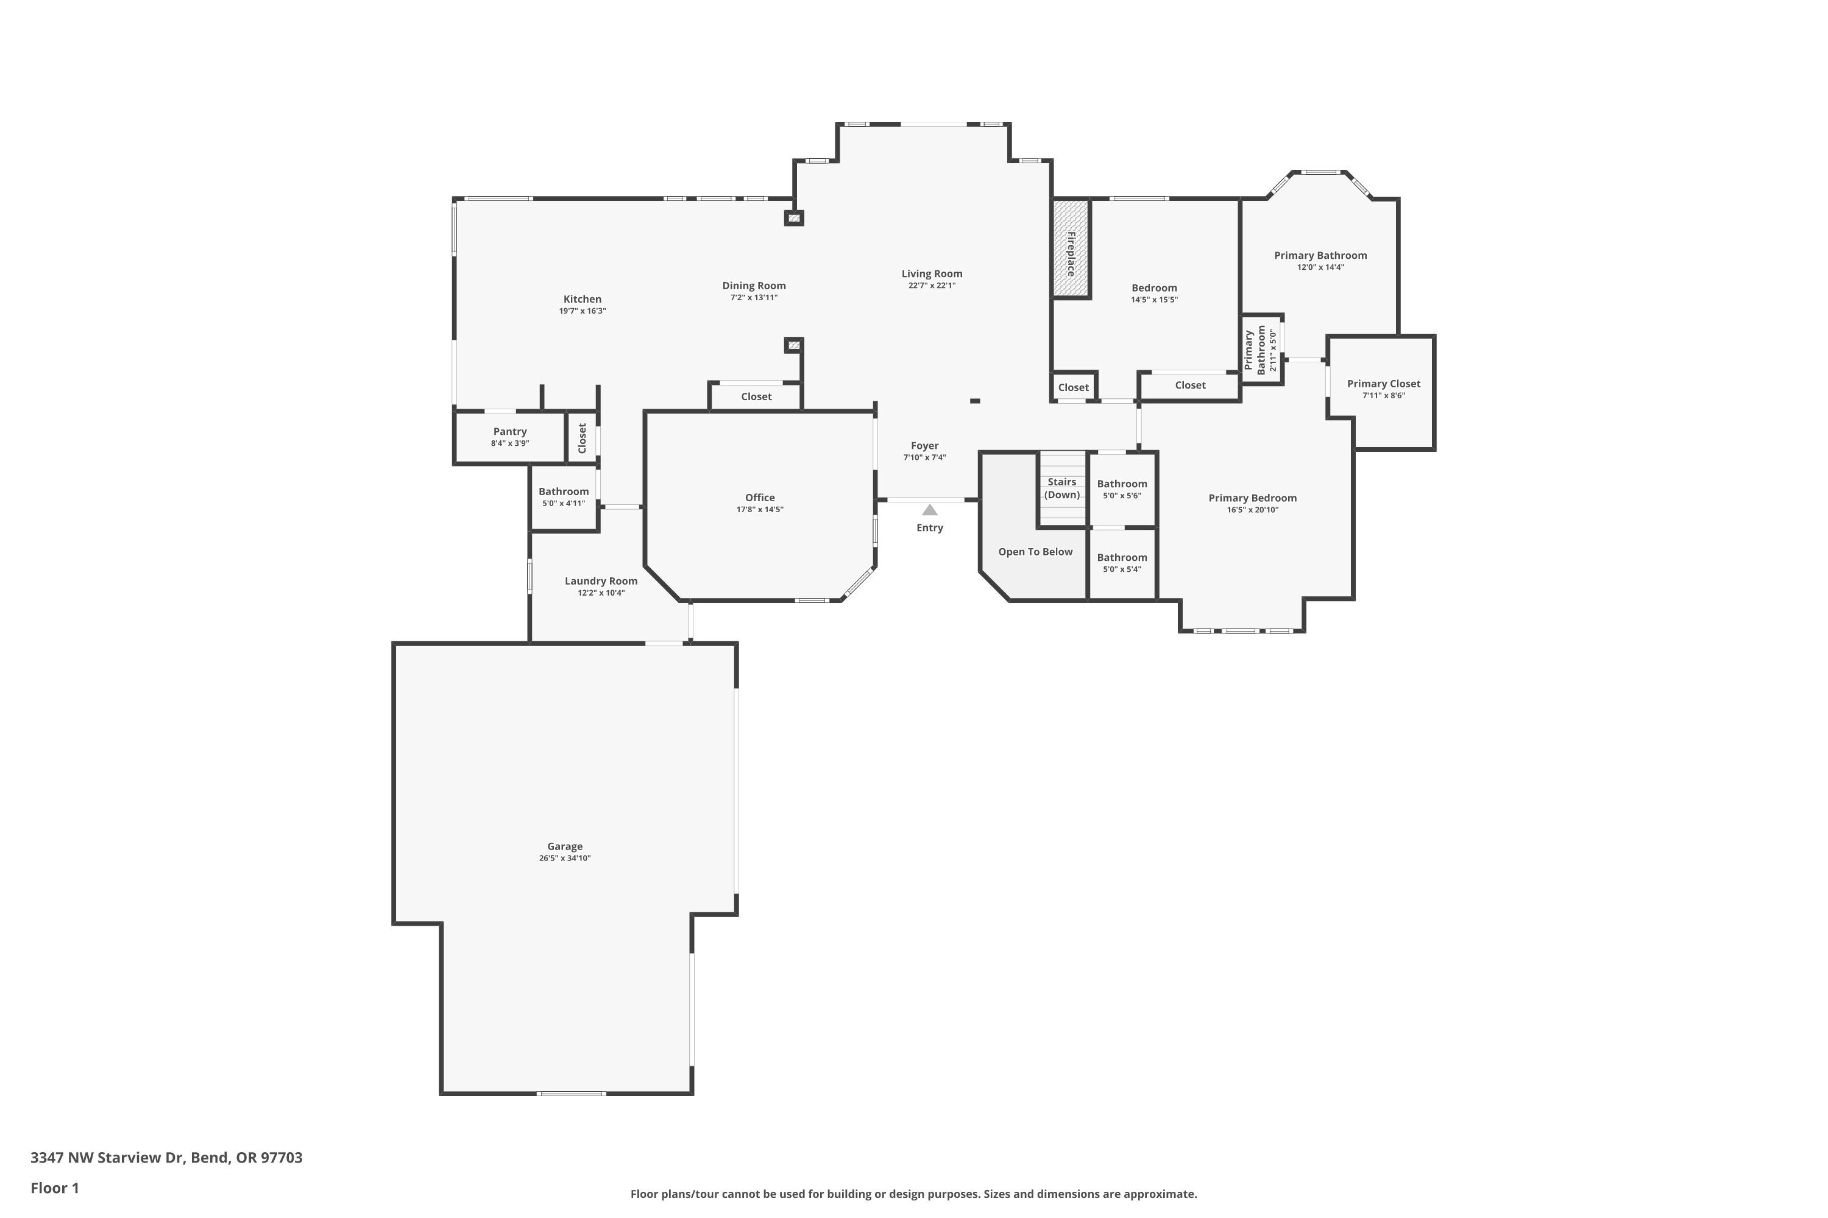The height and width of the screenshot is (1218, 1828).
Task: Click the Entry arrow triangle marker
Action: coord(930,510)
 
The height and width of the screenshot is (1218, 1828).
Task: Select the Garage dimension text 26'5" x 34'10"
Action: coord(565,858)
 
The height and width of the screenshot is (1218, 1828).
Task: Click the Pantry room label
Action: coord(510,432)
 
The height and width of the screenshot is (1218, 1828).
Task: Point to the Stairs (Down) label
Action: coord(1061,488)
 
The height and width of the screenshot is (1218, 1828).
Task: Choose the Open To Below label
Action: coord(1035,552)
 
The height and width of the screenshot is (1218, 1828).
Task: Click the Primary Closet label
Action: coord(1383,384)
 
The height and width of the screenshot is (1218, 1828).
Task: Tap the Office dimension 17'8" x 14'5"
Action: coord(760,510)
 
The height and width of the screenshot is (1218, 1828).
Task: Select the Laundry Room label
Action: coord(601,581)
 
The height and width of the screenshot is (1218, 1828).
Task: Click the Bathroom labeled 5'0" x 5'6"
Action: coord(1122,484)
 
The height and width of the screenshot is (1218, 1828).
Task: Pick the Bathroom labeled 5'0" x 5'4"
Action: coord(1122,558)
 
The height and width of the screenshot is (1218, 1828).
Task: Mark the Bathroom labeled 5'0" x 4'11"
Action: coord(564,491)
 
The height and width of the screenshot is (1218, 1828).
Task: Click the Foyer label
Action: coord(925,446)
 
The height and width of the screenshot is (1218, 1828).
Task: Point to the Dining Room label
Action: coord(754,286)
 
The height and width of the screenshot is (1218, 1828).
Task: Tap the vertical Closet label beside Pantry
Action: coord(582,438)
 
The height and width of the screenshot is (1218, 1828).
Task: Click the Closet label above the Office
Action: coord(756,397)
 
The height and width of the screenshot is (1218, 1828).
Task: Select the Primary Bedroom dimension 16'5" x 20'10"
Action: coord(1252,510)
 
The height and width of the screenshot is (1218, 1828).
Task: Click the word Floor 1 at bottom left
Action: coord(54,1188)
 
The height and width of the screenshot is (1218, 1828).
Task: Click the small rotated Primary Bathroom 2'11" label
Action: coord(1261,350)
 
